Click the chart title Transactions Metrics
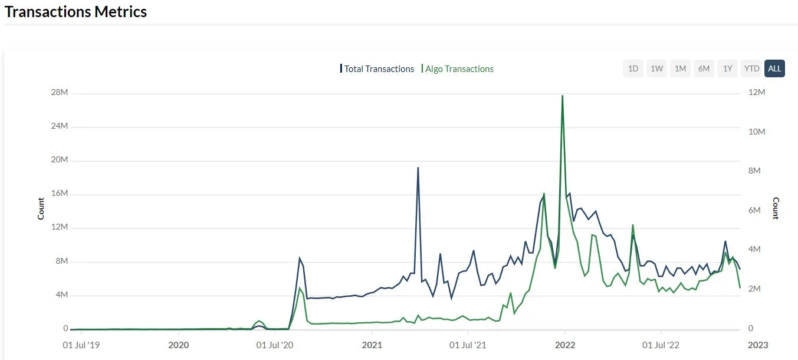(75, 12)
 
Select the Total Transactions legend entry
(378, 69)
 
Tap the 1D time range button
(633, 68)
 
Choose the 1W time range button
(656, 68)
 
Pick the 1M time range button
(680, 68)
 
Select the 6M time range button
(704, 68)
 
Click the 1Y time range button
(727, 68)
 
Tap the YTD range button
(751, 68)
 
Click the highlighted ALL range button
(774, 68)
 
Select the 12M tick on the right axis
(756, 93)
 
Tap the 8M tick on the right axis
(756, 171)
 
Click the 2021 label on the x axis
(372, 345)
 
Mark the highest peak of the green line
(563, 96)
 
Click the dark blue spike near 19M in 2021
(418, 168)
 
